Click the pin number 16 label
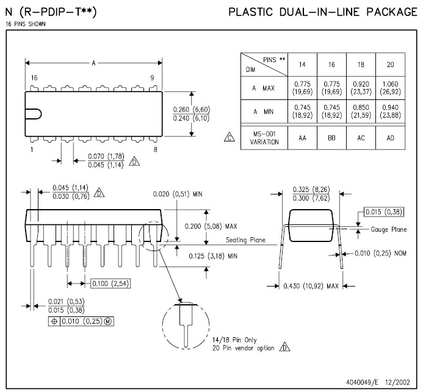(x=34, y=78)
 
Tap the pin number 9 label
(x=152, y=78)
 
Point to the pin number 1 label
(x=31, y=149)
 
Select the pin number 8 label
(x=156, y=149)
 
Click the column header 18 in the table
(x=361, y=64)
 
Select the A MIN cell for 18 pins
(x=361, y=112)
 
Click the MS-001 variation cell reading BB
(x=331, y=138)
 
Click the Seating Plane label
(x=245, y=240)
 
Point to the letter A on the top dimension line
(x=93, y=62)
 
